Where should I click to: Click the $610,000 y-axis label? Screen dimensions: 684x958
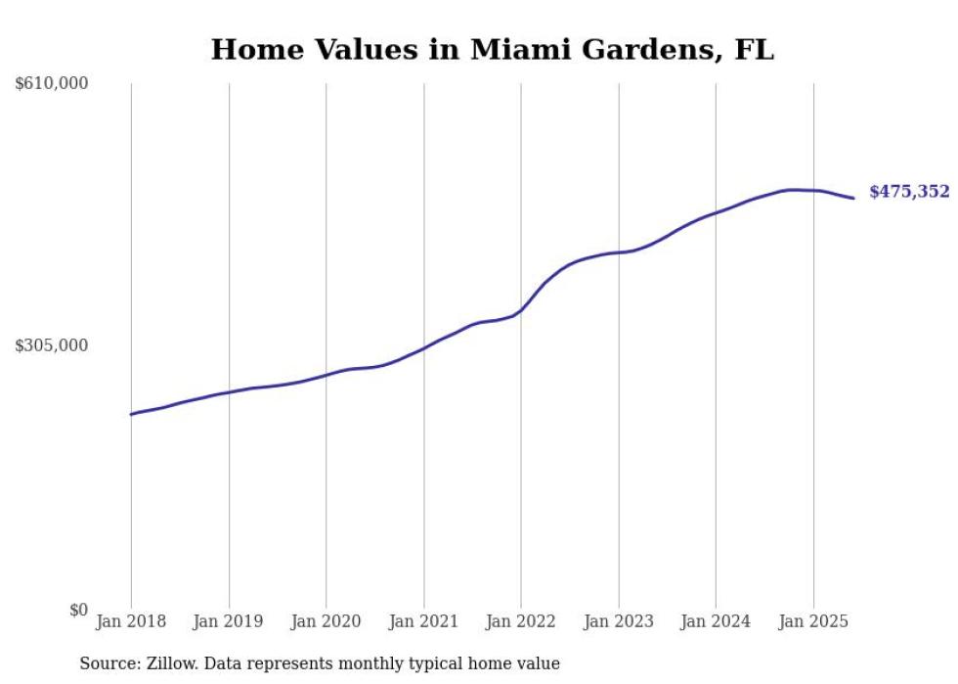(x=52, y=84)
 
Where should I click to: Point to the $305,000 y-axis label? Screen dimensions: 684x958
(x=52, y=345)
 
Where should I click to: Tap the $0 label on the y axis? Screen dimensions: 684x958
(x=78, y=610)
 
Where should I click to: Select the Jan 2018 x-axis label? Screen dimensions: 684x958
(x=131, y=621)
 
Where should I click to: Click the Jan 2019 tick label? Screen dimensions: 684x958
(x=229, y=621)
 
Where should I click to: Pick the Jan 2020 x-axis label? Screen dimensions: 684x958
(x=326, y=621)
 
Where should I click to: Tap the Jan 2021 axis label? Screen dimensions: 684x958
(x=423, y=621)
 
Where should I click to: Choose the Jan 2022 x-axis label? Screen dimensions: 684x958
(x=521, y=621)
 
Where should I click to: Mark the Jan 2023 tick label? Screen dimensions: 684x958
(x=618, y=621)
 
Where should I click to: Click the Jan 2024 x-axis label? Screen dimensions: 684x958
(x=716, y=621)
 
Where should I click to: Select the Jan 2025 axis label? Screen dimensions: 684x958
(x=813, y=621)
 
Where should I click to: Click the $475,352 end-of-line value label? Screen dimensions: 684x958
(x=909, y=192)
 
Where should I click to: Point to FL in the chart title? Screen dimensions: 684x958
(x=754, y=49)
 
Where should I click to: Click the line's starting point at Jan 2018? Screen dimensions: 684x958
(x=131, y=414)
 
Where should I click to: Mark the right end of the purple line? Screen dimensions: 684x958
(x=853, y=199)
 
